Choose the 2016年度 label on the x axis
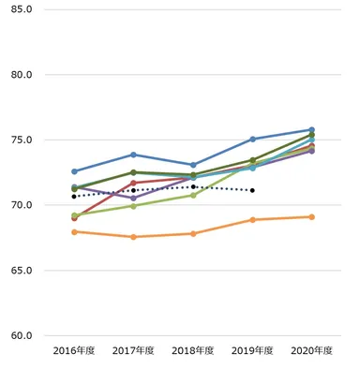coord(74,350)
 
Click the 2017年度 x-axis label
coord(133,350)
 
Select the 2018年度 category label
coord(193,350)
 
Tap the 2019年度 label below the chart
coord(252,350)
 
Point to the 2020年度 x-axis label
coord(311,350)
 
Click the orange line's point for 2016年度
coord(74,231)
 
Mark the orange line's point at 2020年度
coord(311,216)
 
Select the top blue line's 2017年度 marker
coord(133,155)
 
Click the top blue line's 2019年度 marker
coord(252,139)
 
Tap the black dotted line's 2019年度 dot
coord(252,190)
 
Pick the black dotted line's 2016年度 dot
coord(74,196)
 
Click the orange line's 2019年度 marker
coord(252,219)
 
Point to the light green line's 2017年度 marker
coord(133,206)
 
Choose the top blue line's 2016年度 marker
coord(74,171)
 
